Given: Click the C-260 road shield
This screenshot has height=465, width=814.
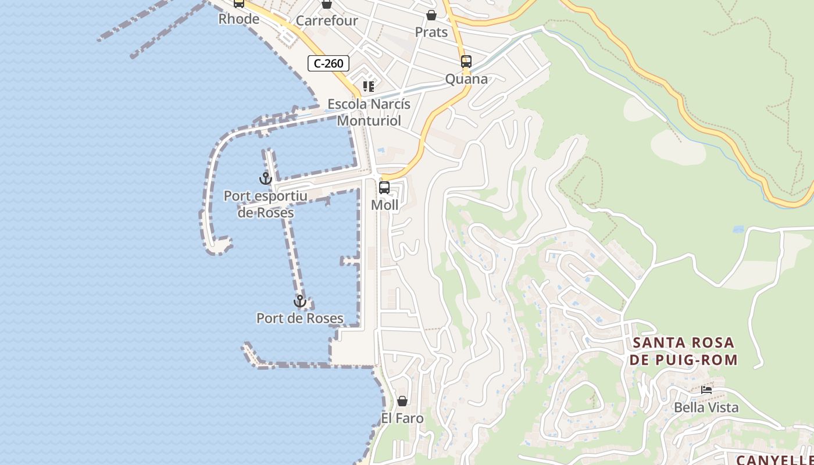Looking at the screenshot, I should coord(329,63).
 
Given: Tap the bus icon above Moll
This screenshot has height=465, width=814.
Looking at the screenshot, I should coord(384,188).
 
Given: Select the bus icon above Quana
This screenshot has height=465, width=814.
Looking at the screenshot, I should coord(466,62).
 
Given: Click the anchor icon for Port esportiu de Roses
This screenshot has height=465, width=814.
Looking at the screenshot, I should coord(266,178).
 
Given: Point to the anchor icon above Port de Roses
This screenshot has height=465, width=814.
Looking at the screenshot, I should coord(300,301).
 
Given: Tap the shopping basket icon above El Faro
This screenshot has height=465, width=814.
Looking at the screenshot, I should coord(402,401).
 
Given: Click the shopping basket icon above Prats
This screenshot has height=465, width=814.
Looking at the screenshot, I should coord(431,15).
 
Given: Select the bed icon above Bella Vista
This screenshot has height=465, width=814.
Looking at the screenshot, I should coord(706,390).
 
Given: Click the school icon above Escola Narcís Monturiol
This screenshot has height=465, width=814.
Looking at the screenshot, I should coord(369,87).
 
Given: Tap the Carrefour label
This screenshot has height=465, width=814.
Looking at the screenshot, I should coord(327,21).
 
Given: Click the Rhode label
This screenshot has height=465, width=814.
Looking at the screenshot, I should coord(239,19).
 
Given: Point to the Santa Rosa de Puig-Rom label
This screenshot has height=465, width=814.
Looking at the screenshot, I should coord(683,351).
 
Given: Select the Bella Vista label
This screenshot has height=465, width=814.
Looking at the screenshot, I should coord(706,407).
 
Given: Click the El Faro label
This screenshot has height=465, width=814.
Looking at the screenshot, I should coord(402,418).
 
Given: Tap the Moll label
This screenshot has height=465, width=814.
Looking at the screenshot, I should coord(385,205).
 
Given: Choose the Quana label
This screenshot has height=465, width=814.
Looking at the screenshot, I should coord(466,79).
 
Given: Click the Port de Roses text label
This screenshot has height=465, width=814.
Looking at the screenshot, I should coord(300,319).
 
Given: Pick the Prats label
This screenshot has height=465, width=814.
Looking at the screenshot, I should coord(431,32).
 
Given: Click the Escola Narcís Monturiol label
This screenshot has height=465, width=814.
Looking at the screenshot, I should coord(369,112).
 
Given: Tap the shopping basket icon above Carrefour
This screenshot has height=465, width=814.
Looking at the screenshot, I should coord(327,5).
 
